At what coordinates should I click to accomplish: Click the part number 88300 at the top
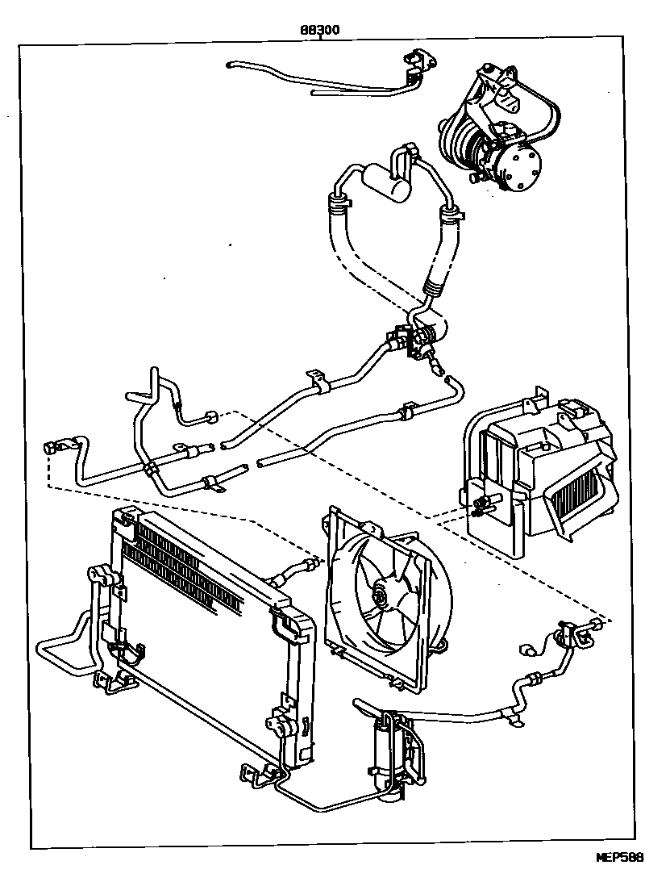(319, 30)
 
